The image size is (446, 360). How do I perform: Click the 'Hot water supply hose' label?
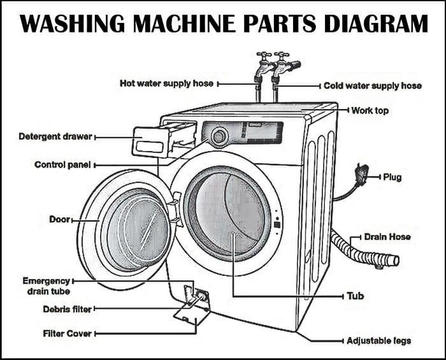[x=168, y=83]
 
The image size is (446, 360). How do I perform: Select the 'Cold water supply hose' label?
[x=372, y=85]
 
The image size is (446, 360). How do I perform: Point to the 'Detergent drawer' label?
[x=48, y=136]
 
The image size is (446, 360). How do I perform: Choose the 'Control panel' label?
[x=62, y=165]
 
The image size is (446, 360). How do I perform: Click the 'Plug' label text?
[x=392, y=176]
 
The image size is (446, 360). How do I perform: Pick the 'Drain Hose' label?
[x=387, y=237]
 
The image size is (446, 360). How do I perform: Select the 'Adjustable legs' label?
[x=378, y=341]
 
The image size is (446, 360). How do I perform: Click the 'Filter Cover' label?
[x=67, y=333]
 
